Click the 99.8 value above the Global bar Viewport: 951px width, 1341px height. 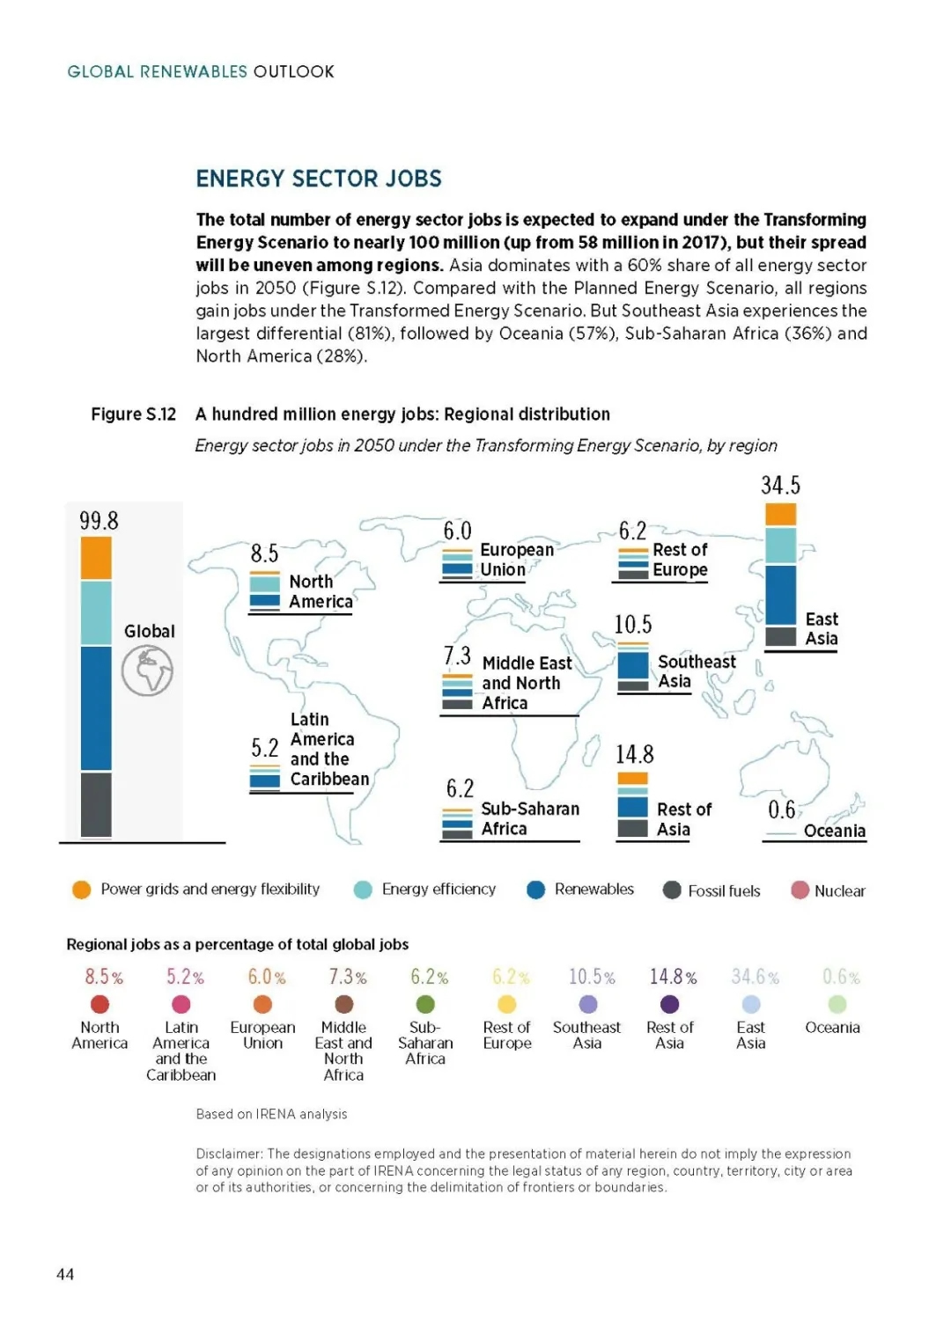point(99,521)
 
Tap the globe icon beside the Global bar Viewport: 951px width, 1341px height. point(147,670)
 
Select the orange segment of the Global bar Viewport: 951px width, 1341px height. point(96,558)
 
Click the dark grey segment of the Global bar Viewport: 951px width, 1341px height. point(96,804)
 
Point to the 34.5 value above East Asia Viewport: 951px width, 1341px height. point(780,485)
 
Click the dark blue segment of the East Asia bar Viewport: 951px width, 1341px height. point(780,595)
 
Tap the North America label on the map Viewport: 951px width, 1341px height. point(321,591)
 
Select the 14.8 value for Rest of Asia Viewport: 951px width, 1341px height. point(635,755)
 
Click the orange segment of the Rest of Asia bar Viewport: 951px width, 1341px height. point(633,778)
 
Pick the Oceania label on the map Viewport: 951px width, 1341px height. point(834,831)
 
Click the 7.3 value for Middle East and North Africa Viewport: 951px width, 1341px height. point(457,656)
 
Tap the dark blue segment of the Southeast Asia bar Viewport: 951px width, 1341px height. point(633,666)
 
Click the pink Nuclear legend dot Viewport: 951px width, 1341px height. point(800,890)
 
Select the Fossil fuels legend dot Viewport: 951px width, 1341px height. point(672,890)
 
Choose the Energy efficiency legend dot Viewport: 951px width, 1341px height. point(363,890)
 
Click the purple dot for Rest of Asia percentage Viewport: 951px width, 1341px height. point(669,1004)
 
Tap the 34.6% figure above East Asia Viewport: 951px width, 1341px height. point(755,977)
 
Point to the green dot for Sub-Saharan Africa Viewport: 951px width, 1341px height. point(424,1004)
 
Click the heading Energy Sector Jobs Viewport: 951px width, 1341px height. point(319,179)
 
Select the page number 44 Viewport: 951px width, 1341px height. point(65,1274)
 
